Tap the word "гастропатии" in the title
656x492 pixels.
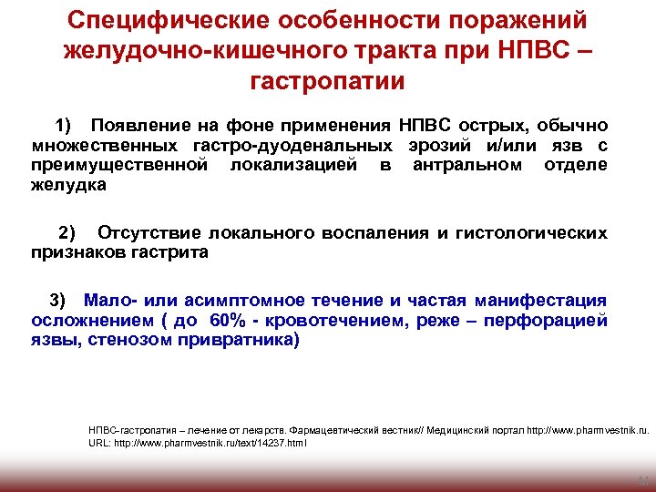(327, 81)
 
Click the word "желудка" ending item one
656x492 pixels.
(68, 185)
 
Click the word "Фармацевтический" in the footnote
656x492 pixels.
(326, 428)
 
